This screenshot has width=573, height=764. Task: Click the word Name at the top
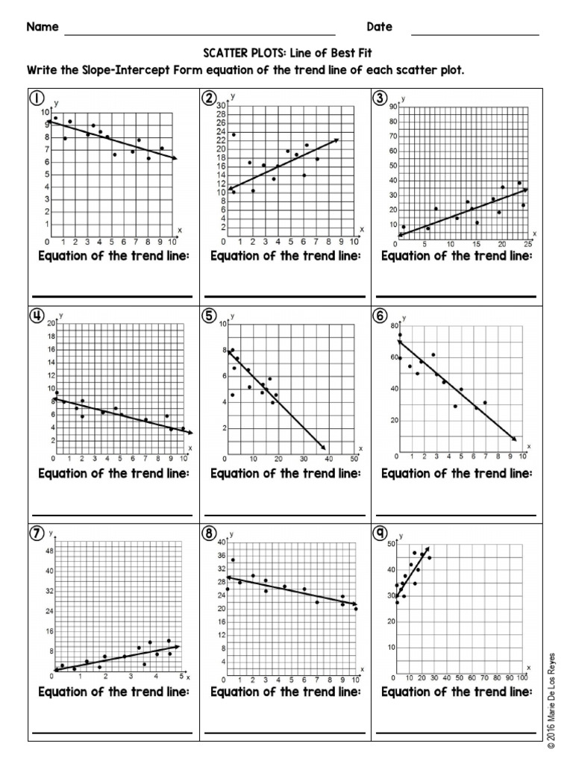[43, 27]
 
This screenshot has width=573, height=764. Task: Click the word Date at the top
[379, 27]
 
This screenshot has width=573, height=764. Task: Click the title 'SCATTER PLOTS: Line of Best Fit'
[286, 54]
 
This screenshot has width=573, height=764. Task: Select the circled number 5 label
[210, 316]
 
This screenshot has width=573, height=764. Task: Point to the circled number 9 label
[381, 533]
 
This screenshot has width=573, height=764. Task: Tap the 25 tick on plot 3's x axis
[527, 245]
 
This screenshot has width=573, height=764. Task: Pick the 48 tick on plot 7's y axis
[49, 551]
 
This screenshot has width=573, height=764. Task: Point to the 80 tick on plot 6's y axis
[393, 325]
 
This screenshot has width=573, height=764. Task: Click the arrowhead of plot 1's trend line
[175, 157]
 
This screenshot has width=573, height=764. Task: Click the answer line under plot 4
[112, 515]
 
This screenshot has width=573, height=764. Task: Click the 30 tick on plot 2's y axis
[221, 106]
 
